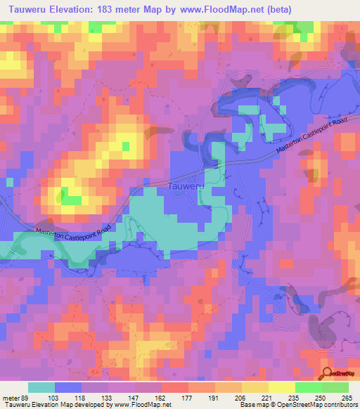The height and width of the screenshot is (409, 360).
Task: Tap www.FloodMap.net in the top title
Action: coord(226,8)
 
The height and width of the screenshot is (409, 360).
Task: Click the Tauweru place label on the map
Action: coord(188,186)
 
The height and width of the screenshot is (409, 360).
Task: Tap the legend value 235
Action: coord(295,397)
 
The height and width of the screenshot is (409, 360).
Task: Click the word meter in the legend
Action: coord(10,397)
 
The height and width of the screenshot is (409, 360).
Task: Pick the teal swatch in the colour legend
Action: coord(41,387)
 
